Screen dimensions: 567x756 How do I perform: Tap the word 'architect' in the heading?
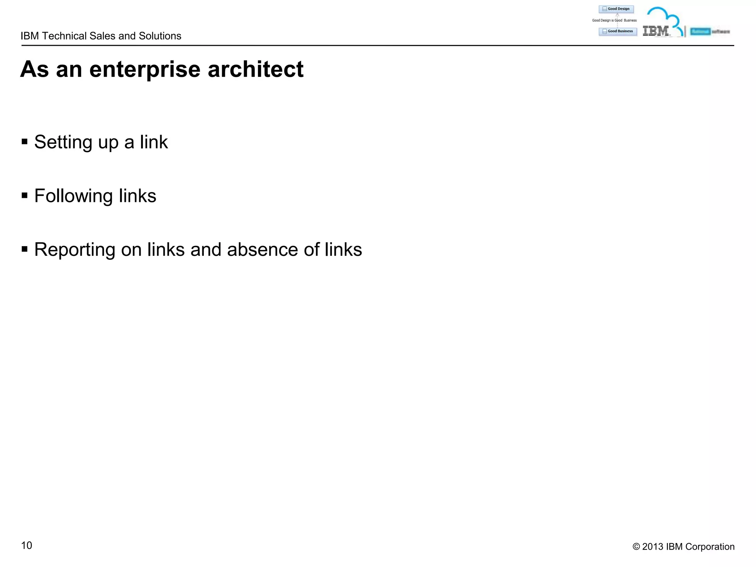(x=255, y=69)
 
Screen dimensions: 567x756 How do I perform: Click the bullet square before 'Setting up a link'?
(x=25, y=142)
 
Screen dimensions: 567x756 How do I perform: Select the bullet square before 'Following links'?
(x=25, y=195)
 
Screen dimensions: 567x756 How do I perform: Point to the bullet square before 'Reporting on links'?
(x=25, y=249)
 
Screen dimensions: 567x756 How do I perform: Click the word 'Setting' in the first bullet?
(x=63, y=142)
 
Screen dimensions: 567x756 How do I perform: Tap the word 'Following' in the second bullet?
(x=73, y=196)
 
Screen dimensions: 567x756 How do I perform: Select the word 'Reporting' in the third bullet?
(x=75, y=250)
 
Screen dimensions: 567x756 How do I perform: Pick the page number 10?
(x=27, y=545)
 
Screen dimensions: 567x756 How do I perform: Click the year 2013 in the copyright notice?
(x=653, y=547)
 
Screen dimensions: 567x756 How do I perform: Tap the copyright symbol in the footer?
(x=636, y=547)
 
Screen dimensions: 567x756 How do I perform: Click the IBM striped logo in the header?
(x=656, y=31)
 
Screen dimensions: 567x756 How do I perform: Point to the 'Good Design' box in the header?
(x=616, y=9)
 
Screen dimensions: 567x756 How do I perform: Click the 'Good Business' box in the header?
(x=618, y=31)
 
